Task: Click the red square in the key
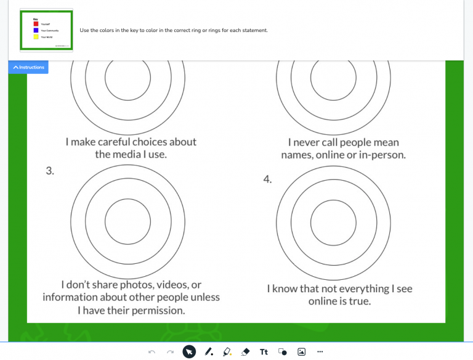[x=36, y=23]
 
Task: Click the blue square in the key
[x=36, y=30]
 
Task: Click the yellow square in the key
[x=36, y=36]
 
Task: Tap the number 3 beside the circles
[x=50, y=171]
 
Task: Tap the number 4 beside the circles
[x=267, y=179]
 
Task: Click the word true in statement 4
[x=360, y=301]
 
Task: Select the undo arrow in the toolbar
[x=152, y=352]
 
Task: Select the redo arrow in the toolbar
[x=171, y=352]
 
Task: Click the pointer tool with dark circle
[x=189, y=352]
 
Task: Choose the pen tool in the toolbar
[x=208, y=352]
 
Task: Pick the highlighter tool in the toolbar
[x=227, y=352]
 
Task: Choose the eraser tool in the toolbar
[x=245, y=352]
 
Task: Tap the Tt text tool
[x=264, y=352]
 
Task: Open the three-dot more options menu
[x=320, y=352]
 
